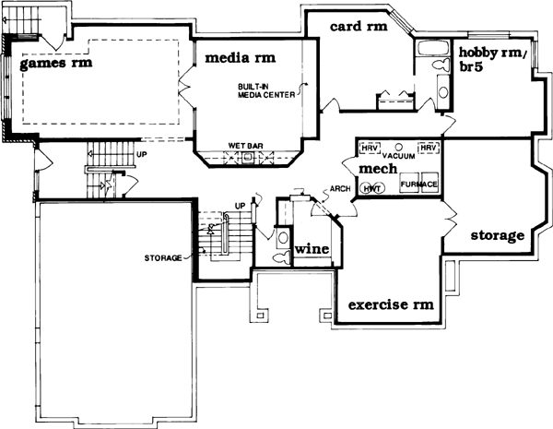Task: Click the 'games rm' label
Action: pos(57,66)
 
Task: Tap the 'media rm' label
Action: pos(240,57)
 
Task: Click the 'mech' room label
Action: pos(378,170)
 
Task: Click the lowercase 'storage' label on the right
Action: pos(498,235)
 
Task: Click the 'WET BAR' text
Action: pos(244,146)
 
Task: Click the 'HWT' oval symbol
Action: pos(372,188)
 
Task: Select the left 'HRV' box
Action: pos(370,148)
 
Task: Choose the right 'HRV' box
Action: pos(428,148)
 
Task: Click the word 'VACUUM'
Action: pos(399,155)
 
